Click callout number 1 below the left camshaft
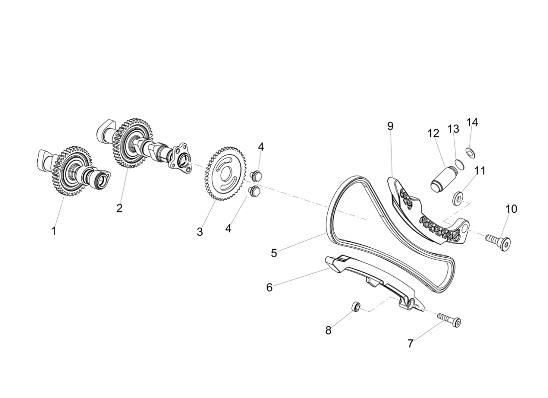click(54, 231)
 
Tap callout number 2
click(119, 208)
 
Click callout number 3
click(200, 232)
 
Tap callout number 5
click(274, 253)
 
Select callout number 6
click(270, 288)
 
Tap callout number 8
click(328, 330)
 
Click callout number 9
click(390, 126)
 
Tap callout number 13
click(453, 129)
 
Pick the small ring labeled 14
click(470, 151)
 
